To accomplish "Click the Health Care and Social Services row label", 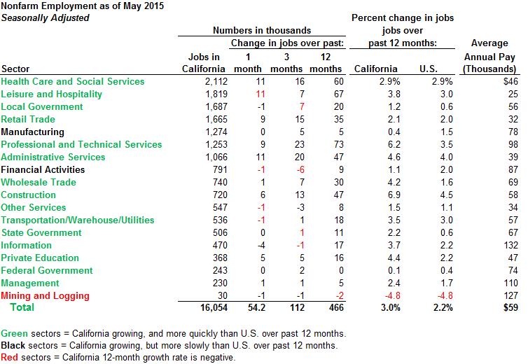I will [73, 82].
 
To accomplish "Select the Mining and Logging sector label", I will [43, 295].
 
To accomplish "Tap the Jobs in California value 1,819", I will [211, 94].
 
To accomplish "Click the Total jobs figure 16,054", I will [209, 307].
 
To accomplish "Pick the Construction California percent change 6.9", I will [389, 195].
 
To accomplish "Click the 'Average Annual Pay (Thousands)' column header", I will [489, 56].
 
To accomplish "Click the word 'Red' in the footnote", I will [10, 358].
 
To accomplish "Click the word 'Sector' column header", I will [15, 69].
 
